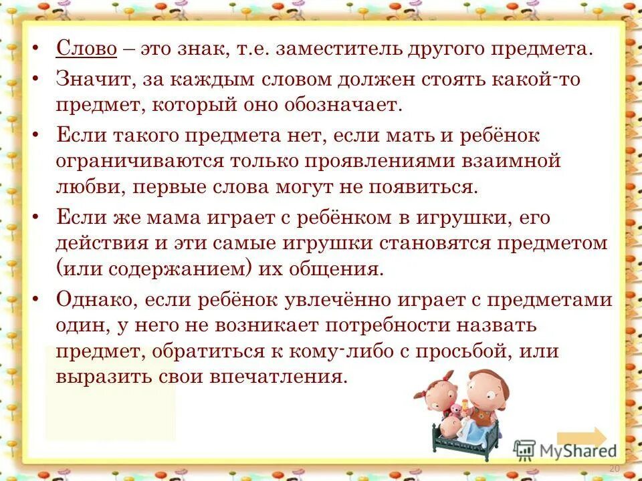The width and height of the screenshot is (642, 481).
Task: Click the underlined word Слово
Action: tap(87, 49)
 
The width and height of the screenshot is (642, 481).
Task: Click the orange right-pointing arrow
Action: tap(581, 438)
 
